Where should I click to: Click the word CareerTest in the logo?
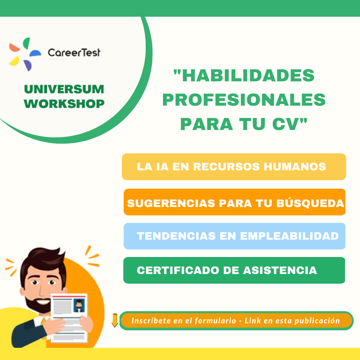tap(74, 53)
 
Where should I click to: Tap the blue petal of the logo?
tap(35, 53)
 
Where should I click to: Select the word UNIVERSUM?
tap(64, 89)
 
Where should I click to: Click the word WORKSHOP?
tap(64, 104)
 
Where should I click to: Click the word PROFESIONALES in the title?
tap(244, 100)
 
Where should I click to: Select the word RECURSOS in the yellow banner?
tap(226, 167)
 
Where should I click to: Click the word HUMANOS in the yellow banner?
tap(295, 167)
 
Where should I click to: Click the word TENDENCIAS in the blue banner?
tap(176, 236)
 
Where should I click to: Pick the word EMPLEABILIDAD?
tap(289, 236)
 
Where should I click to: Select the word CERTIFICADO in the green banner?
tap(178, 270)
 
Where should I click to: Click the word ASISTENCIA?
tap(280, 270)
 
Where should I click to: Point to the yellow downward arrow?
tap(115, 320)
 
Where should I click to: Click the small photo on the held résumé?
tap(79, 306)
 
